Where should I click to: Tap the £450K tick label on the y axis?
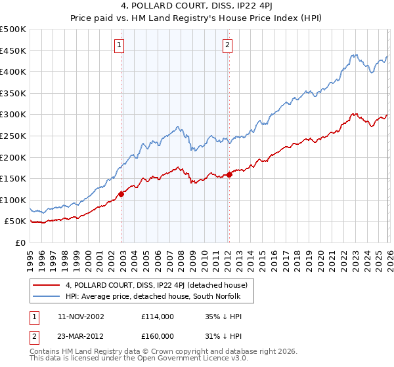pos(13,50)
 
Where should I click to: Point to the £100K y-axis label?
pos(13,200)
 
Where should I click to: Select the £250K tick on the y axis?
pos(13,136)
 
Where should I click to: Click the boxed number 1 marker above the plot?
pos(120,45)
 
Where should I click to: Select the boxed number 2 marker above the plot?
pos(227,45)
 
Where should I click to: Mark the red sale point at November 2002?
pos(121,194)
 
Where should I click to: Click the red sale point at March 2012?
pos(229,174)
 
